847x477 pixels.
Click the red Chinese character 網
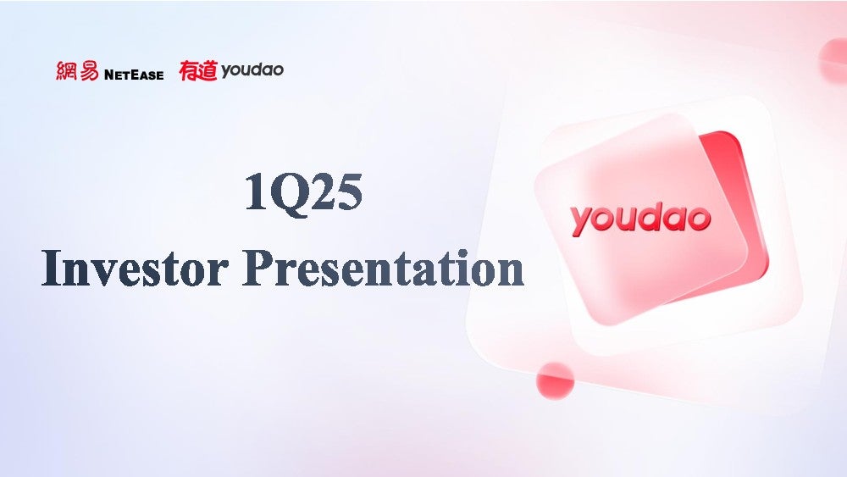[x=66, y=71]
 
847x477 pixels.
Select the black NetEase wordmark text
[x=134, y=75]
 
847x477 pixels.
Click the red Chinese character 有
[x=189, y=71]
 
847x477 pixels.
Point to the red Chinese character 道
[x=208, y=71]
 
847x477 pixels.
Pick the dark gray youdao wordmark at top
[x=252, y=71]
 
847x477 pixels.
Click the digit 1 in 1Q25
[x=256, y=192]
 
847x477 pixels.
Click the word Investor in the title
[x=134, y=268]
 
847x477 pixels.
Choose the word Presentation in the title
[x=383, y=268]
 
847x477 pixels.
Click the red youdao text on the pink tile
[x=640, y=219]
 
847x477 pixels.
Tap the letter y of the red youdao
[x=583, y=222]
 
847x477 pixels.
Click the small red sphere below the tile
[x=555, y=380]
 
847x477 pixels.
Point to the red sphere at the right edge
[x=833, y=62]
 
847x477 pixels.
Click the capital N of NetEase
[x=109, y=75]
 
